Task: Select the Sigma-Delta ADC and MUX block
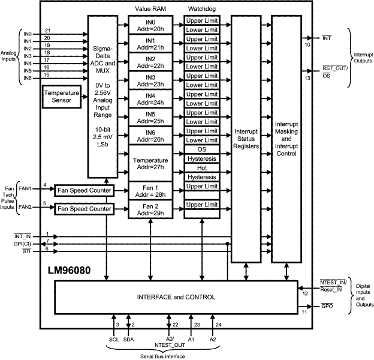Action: click(105, 96)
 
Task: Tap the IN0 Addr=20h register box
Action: click(150, 25)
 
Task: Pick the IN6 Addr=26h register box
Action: click(150, 136)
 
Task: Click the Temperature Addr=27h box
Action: click(150, 164)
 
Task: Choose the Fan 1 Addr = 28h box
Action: click(150, 191)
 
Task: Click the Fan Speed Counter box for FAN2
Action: click(84, 209)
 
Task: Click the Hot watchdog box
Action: click(201, 169)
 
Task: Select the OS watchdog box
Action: click(201, 149)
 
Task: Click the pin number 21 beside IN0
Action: click(47, 30)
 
